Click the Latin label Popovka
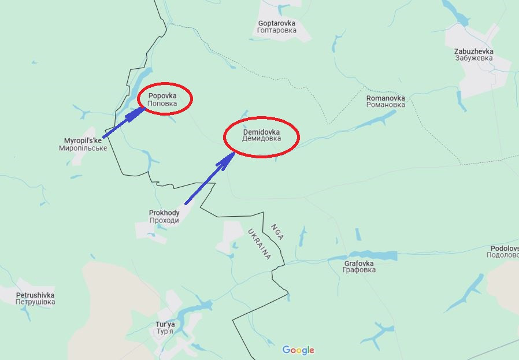tap(162, 95)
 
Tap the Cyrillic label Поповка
tap(162, 103)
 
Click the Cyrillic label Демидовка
tap(262, 139)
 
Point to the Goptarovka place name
tap(277, 23)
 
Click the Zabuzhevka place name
tap(474, 51)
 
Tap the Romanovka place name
tap(385, 98)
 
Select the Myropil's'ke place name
tap(83, 140)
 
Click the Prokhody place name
tap(164, 213)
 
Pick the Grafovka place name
tap(359, 263)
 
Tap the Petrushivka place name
tap(35, 295)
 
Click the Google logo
tap(298, 350)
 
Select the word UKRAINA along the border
tap(259, 244)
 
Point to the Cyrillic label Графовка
tap(359, 270)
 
